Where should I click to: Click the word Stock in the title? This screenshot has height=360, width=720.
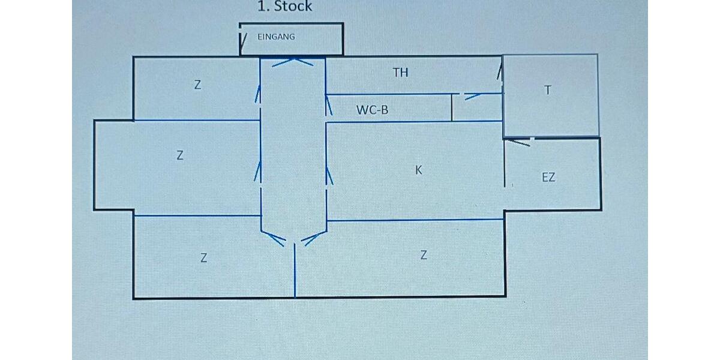[x=293, y=7]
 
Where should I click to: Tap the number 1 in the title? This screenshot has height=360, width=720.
[x=262, y=7]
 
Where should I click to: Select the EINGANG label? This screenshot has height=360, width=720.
[x=276, y=37]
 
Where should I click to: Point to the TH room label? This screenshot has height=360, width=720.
[x=400, y=73]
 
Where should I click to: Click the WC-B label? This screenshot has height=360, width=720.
[x=373, y=110]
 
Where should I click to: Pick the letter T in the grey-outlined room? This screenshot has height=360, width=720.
[x=547, y=91]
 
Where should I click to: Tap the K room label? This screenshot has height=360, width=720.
[x=419, y=170]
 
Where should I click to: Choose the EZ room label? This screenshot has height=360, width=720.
[x=548, y=178]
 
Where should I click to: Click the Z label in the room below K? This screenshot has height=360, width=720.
[x=424, y=255]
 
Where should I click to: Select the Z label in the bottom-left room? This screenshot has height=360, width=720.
[x=203, y=259]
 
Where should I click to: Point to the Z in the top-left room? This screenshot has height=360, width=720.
[x=197, y=85]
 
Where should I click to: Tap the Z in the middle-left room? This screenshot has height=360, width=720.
[x=179, y=155]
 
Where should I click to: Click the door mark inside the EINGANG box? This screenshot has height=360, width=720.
[x=244, y=40]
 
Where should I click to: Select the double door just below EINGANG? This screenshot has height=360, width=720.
[x=293, y=61]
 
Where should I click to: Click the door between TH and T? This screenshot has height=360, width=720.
[x=499, y=73]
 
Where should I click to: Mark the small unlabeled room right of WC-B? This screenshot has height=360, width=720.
[x=476, y=109]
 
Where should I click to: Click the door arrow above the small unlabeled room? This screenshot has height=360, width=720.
[x=473, y=95]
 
